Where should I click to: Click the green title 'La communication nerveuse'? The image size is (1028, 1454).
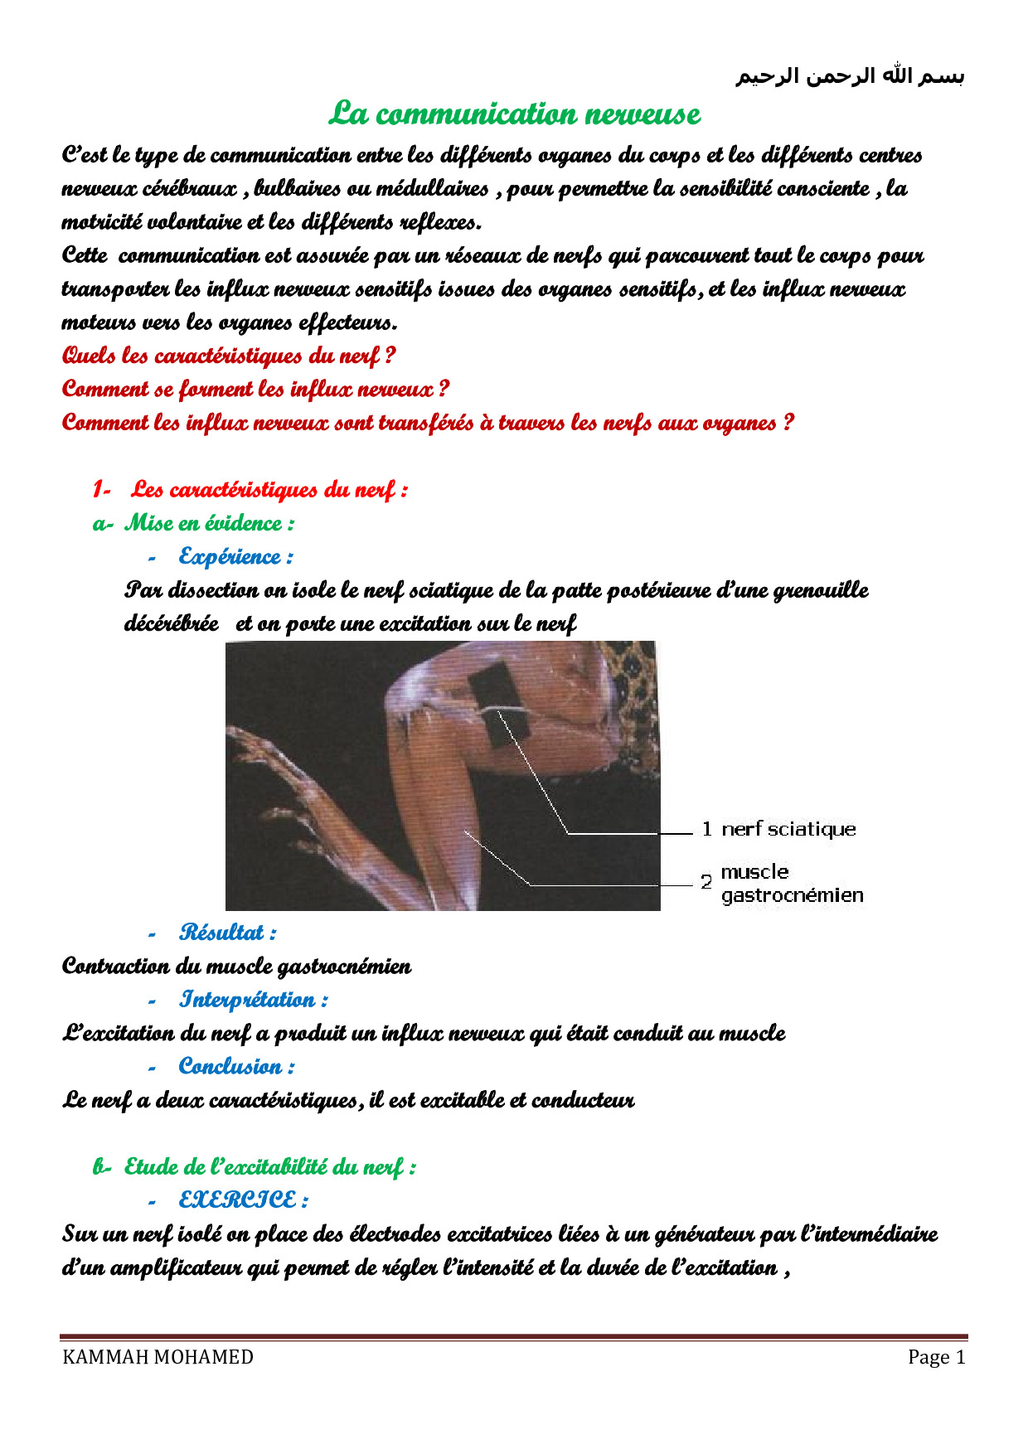click(x=514, y=114)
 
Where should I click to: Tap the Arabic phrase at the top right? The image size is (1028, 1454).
click(x=850, y=76)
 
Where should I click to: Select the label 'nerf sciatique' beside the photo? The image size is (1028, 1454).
click(x=788, y=829)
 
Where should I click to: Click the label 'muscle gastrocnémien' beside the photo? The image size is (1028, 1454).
click(x=791, y=884)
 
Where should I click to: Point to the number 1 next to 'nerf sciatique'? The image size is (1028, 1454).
click(x=706, y=829)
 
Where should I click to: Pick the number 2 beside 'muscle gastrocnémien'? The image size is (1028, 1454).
click(x=706, y=882)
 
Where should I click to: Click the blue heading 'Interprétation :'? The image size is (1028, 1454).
click(x=253, y=1000)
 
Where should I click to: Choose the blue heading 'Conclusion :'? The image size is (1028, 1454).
click(x=236, y=1066)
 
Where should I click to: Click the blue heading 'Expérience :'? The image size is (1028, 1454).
click(x=235, y=556)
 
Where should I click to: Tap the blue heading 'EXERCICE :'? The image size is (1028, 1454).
click(x=243, y=1200)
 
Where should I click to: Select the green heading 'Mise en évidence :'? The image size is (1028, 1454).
click(x=209, y=523)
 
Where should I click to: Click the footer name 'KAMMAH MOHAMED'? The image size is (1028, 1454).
click(x=158, y=1357)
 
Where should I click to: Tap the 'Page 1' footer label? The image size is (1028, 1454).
click(x=936, y=1357)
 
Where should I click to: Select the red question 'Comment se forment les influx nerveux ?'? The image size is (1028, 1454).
click(x=255, y=389)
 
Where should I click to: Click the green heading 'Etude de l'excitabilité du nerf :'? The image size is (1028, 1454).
click(x=269, y=1167)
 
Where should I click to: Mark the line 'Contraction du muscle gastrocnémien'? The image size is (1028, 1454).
click(x=236, y=967)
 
